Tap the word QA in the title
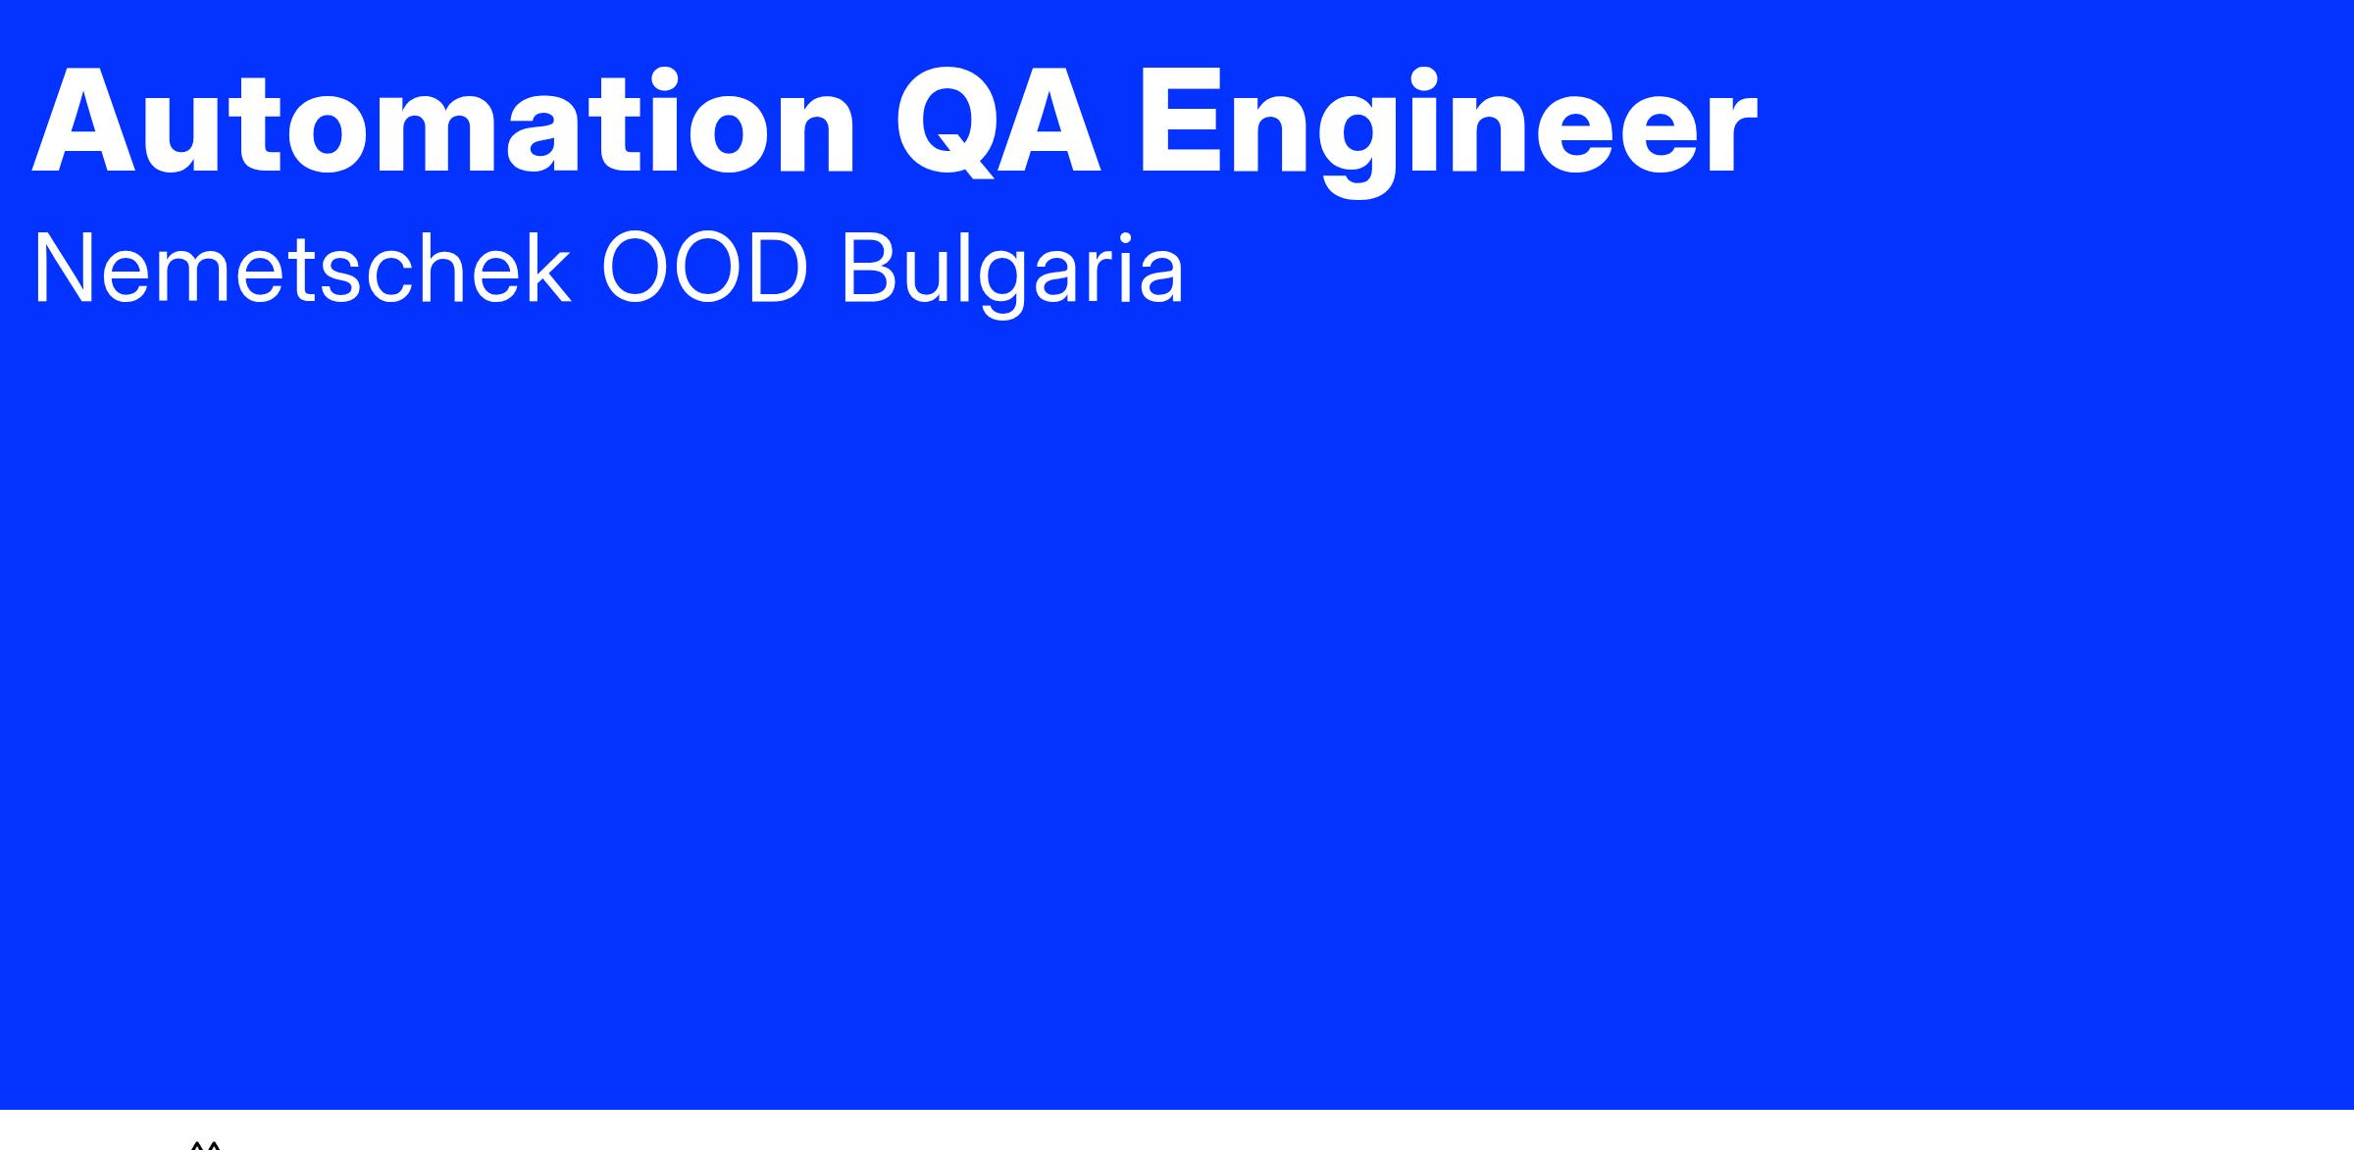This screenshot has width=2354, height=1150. [998, 124]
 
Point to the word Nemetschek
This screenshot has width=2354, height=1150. [301, 269]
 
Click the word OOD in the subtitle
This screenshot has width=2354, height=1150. [704, 270]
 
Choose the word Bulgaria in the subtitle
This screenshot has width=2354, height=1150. [1012, 275]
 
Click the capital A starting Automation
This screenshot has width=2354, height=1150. [84, 123]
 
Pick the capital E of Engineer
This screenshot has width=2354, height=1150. [1177, 123]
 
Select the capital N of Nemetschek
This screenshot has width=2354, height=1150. [65, 271]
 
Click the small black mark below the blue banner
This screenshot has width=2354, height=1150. [206, 1144]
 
